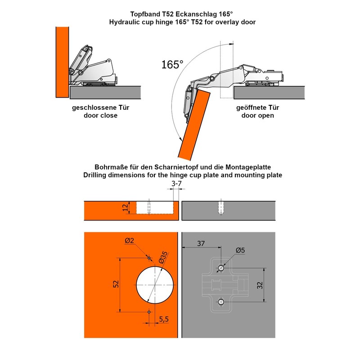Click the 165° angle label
coord(172,64)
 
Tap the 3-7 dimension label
coord(176,184)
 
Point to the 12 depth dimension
coord(126,207)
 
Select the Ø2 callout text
coord(130,241)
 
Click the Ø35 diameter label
coord(163,257)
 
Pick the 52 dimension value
coord(116,284)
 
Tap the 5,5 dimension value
coord(164,319)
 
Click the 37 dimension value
coord(201,243)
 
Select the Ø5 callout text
coord(240,250)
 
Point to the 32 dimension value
coord(260,285)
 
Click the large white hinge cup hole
coord(155,285)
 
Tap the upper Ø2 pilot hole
coord(149,258)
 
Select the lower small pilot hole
coord(149,312)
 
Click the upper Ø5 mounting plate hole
coord(221,268)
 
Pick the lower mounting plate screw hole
coord(221,301)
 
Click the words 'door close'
coord(100,115)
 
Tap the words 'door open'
coord(257,115)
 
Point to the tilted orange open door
coord(194,125)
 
